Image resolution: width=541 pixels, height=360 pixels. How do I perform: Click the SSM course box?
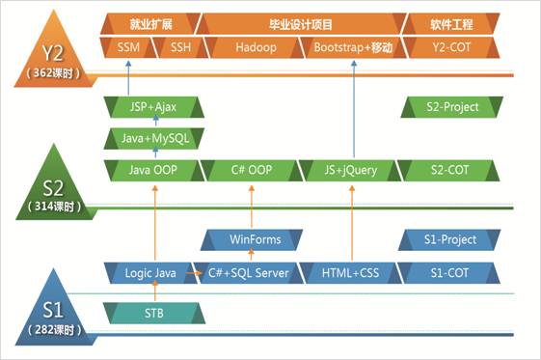tap(128, 47)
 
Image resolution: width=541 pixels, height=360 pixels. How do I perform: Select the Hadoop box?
tap(256, 47)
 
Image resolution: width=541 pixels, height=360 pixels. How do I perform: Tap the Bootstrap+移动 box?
tap(353, 47)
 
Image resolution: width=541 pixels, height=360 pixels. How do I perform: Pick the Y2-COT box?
tap(451, 47)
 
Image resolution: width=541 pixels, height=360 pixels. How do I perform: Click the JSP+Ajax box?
tap(153, 107)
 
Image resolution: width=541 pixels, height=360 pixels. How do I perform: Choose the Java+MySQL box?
tap(154, 138)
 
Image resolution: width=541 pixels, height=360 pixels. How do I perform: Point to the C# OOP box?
tap(252, 170)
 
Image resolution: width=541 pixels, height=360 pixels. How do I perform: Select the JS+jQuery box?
tap(351, 170)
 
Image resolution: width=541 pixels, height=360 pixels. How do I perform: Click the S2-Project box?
tap(452, 107)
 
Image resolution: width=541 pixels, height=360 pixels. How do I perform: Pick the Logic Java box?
tap(150, 273)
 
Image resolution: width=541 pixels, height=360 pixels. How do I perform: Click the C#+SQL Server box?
tap(249, 273)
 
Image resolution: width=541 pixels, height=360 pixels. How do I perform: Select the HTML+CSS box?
tap(351, 273)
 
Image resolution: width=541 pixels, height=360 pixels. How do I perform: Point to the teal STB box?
tap(154, 313)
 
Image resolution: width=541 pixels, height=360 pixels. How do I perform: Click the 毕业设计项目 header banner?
tap(301, 24)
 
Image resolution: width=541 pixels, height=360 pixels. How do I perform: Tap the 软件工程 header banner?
tap(451, 24)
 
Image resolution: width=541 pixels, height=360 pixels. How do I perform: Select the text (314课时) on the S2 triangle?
tap(54, 207)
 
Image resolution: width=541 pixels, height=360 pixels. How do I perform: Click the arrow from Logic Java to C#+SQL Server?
tap(194, 273)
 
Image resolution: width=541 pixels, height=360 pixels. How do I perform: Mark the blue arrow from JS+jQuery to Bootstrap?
tap(354, 109)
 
